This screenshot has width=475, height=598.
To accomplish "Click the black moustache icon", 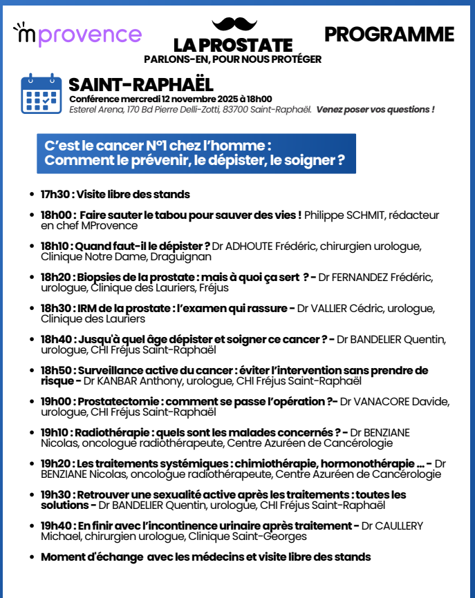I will click(234, 24).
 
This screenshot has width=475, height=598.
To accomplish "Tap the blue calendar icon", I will click(41, 94).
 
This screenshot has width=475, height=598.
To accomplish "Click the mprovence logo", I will click(77, 34).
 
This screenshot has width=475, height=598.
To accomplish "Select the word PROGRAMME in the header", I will click(389, 35).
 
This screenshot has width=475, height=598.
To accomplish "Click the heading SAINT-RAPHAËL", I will click(141, 85).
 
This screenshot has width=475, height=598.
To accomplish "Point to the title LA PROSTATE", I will click(233, 45).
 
